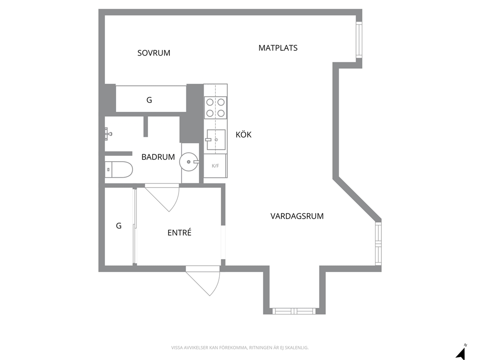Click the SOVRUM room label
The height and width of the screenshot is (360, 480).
tap(154, 53)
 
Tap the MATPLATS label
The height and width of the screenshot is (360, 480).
tap(278, 48)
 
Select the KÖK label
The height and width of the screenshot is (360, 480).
tap(244, 135)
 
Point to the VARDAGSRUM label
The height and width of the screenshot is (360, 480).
tap(297, 216)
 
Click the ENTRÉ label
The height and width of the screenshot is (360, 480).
tap(180, 232)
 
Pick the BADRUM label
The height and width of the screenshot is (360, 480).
tap(158, 157)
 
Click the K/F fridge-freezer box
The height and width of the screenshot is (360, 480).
tap(215, 165)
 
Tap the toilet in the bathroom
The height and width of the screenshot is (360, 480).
tap(119, 169)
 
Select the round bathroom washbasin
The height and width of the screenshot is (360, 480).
tap(189, 162)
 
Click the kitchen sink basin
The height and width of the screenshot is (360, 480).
tap(216, 139)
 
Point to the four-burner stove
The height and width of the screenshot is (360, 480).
tap(215, 107)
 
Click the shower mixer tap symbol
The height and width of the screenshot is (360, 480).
tap(108, 134)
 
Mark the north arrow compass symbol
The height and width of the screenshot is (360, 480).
tap(461, 352)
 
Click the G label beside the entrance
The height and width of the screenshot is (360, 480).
tap(119, 226)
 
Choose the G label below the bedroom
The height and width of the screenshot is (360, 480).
tap(149, 100)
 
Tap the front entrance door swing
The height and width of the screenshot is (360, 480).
tap(203, 281)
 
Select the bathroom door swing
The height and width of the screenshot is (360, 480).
tap(162, 198)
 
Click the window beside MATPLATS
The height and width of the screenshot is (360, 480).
tap(359, 39)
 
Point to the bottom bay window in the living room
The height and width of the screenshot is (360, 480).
tap(294, 311)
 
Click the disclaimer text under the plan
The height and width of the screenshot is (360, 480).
tap(240, 348)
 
